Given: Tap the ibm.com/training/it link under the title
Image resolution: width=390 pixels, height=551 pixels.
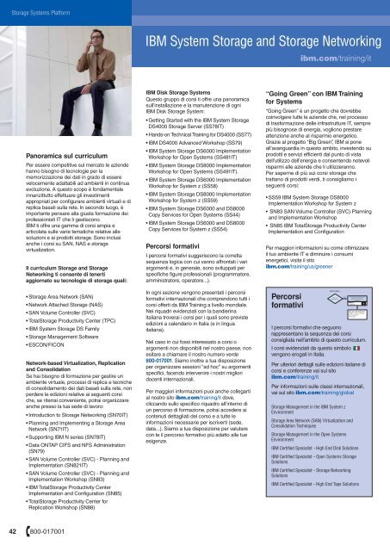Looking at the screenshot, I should [x=344, y=62].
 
